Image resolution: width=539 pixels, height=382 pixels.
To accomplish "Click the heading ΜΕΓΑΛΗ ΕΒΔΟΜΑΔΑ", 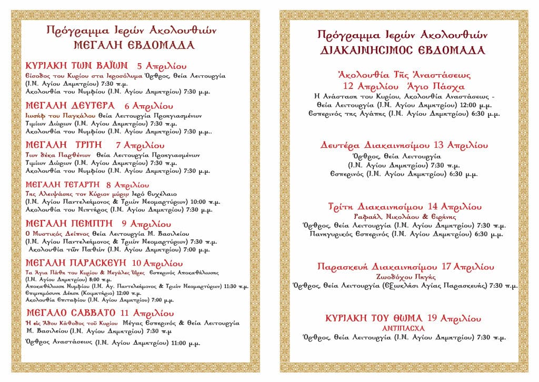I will pos(134,45).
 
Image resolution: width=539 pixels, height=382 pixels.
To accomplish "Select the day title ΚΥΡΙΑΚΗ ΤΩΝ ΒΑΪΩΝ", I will pos(77,66).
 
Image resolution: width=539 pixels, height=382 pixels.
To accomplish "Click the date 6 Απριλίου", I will pos(149,105).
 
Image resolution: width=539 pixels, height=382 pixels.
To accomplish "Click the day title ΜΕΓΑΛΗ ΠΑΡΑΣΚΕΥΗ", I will pos(77,263).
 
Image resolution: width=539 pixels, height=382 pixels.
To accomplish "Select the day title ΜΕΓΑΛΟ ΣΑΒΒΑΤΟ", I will pos(70,313).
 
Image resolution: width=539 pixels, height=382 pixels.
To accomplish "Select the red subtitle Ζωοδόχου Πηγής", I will pos(404,276).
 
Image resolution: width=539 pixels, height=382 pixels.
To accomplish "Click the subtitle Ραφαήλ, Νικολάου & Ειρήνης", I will pos(405,216).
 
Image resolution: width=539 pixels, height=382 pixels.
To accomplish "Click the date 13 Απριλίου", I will pos(460,145).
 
